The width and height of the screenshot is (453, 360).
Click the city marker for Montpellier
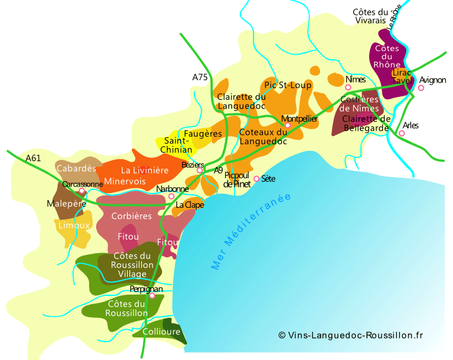click(287, 125)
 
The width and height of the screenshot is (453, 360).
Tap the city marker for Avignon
click(421, 88)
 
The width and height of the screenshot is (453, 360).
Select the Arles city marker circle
click(402, 133)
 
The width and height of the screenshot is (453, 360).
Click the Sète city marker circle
click(256, 178)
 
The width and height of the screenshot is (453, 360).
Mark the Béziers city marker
click(200, 170)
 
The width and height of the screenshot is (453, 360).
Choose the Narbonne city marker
click(172, 196)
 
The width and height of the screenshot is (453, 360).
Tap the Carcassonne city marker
click(82, 191)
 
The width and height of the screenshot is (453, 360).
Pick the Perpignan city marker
click(152, 295)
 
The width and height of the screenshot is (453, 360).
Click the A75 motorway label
click(201, 77)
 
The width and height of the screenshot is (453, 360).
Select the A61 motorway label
click(34, 158)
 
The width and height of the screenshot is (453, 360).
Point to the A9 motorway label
click(218, 170)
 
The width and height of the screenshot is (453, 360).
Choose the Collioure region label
click(161, 331)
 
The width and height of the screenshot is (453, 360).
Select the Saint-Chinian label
click(177, 146)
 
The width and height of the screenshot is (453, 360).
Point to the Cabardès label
click(76, 169)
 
